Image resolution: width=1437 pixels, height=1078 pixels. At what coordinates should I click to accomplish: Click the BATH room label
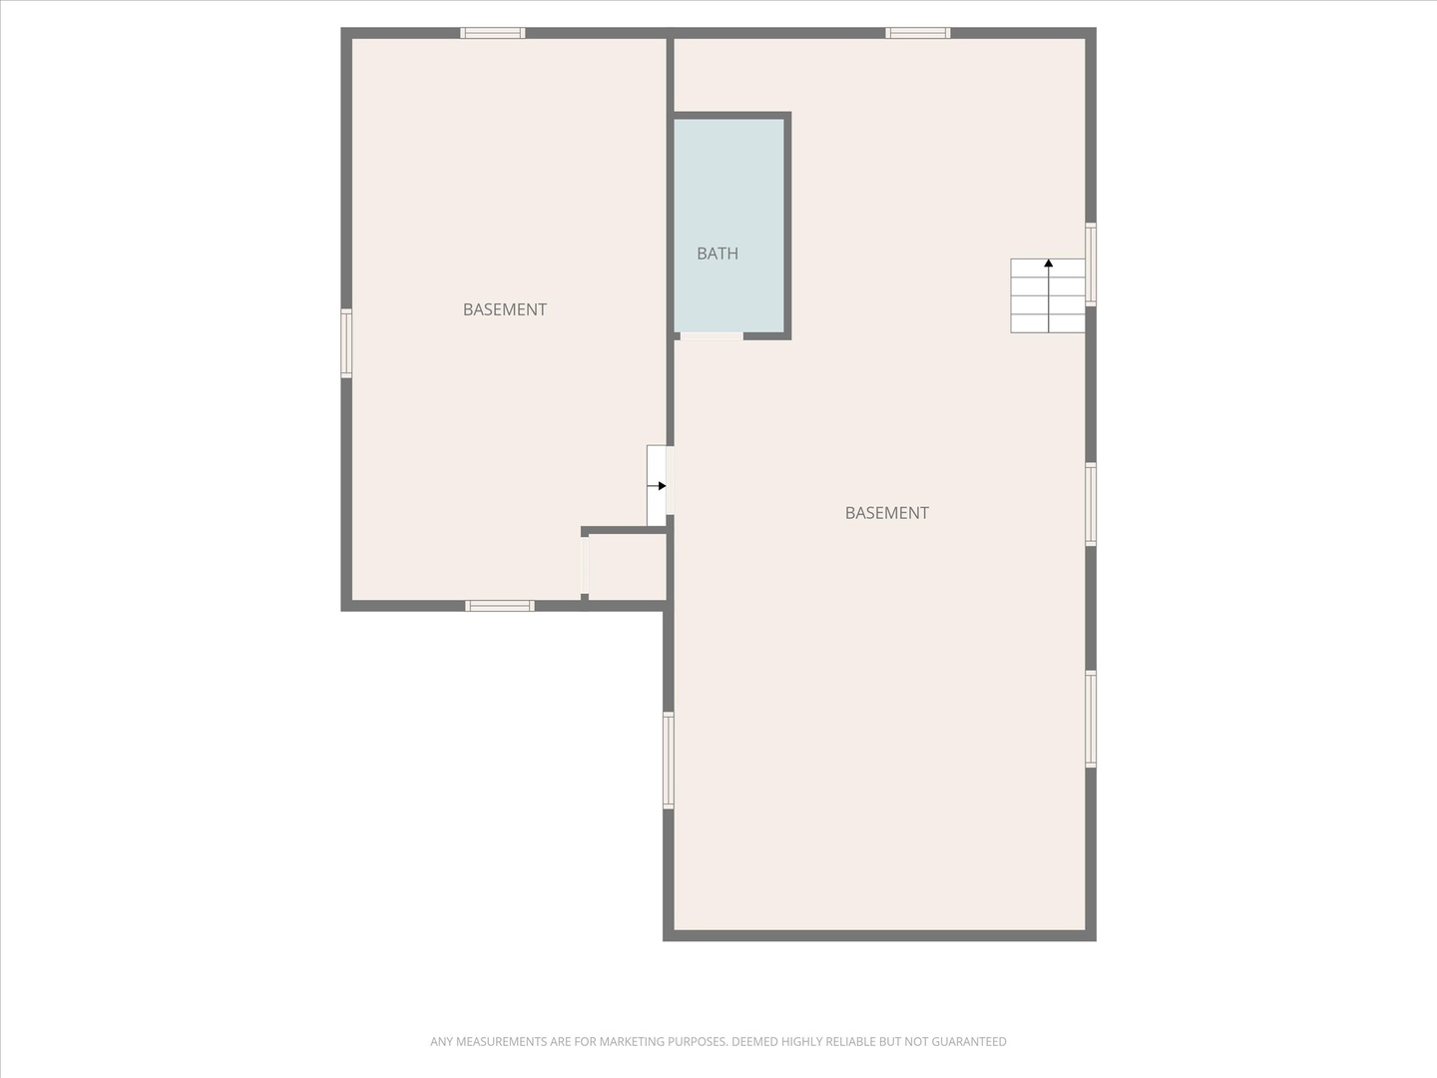click(x=718, y=254)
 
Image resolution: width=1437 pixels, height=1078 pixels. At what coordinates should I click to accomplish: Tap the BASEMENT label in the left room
click(x=505, y=309)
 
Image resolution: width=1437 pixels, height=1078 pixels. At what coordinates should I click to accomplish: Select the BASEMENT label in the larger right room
click(x=886, y=513)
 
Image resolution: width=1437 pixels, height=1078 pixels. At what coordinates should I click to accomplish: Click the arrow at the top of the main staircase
click(x=1048, y=264)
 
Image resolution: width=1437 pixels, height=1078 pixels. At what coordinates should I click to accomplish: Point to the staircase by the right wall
click(x=1048, y=295)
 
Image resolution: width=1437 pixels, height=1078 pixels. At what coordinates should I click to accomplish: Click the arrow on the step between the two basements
click(x=659, y=486)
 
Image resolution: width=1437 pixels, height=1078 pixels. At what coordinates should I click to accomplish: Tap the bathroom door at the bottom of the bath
click(x=712, y=336)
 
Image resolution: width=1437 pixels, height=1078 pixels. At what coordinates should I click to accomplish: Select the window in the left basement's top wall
click(x=492, y=33)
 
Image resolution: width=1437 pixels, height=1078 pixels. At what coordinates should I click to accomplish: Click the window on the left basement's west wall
click(x=346, y=343)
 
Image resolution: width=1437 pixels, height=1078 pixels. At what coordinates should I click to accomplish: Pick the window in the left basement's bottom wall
click(x=500, y=606)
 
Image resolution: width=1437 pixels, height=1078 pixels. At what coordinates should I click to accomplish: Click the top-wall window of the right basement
click(x=918, y=33)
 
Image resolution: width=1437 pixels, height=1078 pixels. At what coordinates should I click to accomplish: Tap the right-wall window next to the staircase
click(x=1091, y=264)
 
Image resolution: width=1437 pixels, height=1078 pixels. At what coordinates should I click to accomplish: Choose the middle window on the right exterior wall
click(x=1091, y=504)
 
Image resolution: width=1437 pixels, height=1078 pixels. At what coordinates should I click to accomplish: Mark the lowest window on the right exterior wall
click(x=1091, y=719)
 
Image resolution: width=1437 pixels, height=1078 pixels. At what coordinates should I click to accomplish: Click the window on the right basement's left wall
click(x=669, y=760)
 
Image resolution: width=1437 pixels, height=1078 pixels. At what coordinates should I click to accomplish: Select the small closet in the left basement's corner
click(x=627, y=567)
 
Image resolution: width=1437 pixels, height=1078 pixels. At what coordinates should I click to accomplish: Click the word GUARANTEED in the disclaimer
click(x=968, y=1042)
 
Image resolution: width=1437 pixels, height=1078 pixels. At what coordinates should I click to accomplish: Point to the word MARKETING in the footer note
click(x=632, y=1042)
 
